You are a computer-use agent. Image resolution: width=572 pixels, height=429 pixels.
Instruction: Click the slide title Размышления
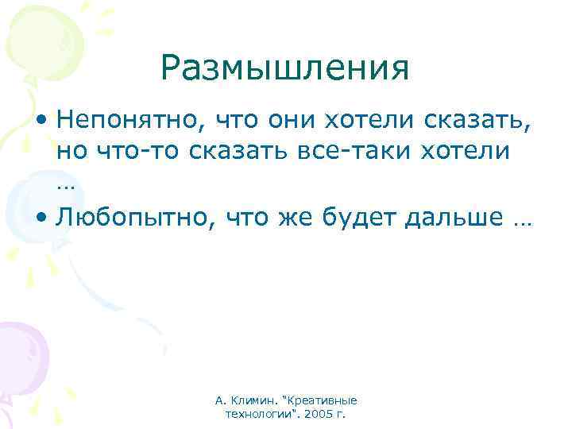click(x=284, y=68)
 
